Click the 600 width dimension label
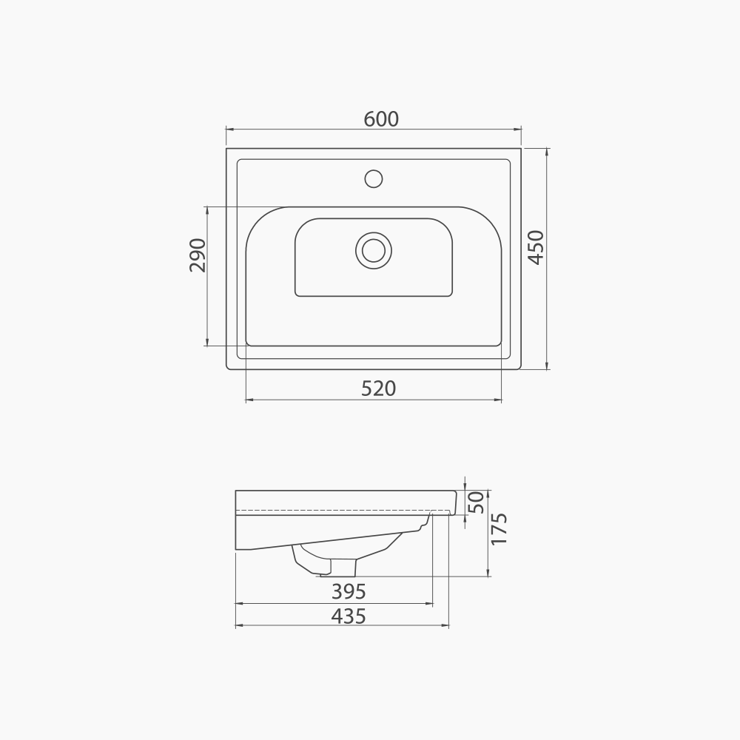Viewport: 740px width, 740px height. [x=381, y=118]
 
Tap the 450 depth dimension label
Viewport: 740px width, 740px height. [x=536, y=247]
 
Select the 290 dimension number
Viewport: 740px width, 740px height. [x=197, y=255]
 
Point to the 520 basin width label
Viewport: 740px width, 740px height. [x=379, y=388]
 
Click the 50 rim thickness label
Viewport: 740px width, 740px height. [x=477, y=502]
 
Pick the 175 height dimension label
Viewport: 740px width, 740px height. [x=499, y=528]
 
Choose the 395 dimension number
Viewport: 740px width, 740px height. [x=349, y=592]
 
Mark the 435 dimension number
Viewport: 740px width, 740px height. [x=349, y=616]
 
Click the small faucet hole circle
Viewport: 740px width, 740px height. [x=374, y=178]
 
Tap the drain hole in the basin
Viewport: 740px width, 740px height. [x=374, y=250]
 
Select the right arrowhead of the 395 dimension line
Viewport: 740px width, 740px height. [x=429, y=604]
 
